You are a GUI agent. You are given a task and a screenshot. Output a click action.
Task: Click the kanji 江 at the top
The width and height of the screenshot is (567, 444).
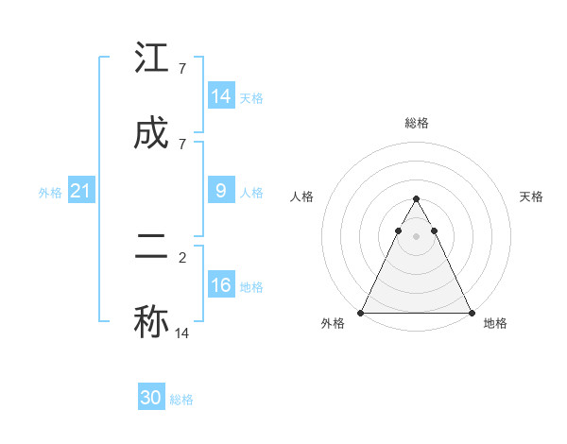click(x=151, y=59)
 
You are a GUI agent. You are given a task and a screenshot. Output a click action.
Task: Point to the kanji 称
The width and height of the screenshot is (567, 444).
click(x=151, y=321)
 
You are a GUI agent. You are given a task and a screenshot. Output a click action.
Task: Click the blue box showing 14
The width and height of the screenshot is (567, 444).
click(x=221, y=96)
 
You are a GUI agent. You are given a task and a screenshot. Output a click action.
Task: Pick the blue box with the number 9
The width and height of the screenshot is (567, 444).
click(x=221, y=191)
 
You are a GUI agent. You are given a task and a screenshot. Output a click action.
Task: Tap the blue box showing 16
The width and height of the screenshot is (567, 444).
click(x=221, y=285)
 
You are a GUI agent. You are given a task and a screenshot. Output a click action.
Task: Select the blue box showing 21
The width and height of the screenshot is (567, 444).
click(x=80, y=191)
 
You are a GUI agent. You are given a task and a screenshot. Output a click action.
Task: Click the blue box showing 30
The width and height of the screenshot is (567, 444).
click(x=151, y=398)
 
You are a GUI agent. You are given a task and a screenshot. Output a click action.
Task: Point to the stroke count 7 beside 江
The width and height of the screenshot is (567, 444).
click(x=181, y=68)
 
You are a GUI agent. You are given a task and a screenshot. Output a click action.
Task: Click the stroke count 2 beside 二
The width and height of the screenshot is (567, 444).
click(x=181, y=256)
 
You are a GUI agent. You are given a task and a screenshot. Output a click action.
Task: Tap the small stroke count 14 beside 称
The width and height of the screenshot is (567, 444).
click(x=182, y=333)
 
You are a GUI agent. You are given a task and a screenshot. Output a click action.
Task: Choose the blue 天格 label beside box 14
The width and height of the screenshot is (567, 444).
click(x=251, y=98)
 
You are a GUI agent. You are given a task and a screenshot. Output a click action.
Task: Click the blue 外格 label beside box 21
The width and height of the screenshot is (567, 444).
click(x=50, y=193)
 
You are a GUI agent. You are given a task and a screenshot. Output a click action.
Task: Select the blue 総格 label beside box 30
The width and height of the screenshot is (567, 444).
click(x=181, y=400)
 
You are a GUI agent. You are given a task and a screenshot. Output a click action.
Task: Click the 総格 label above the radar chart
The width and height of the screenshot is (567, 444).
click(x=416, y=123)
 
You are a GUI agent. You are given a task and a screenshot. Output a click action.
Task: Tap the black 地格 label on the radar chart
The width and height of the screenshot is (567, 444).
click(x=495, y=323)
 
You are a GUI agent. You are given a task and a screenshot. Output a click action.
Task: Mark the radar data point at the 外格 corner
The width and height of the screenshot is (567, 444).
click(x=361, y=313)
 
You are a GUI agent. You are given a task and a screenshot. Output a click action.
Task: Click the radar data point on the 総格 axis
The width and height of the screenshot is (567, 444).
click(x=416, y=199)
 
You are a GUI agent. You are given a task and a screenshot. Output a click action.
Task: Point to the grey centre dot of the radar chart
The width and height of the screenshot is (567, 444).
click(x=416, y=236)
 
